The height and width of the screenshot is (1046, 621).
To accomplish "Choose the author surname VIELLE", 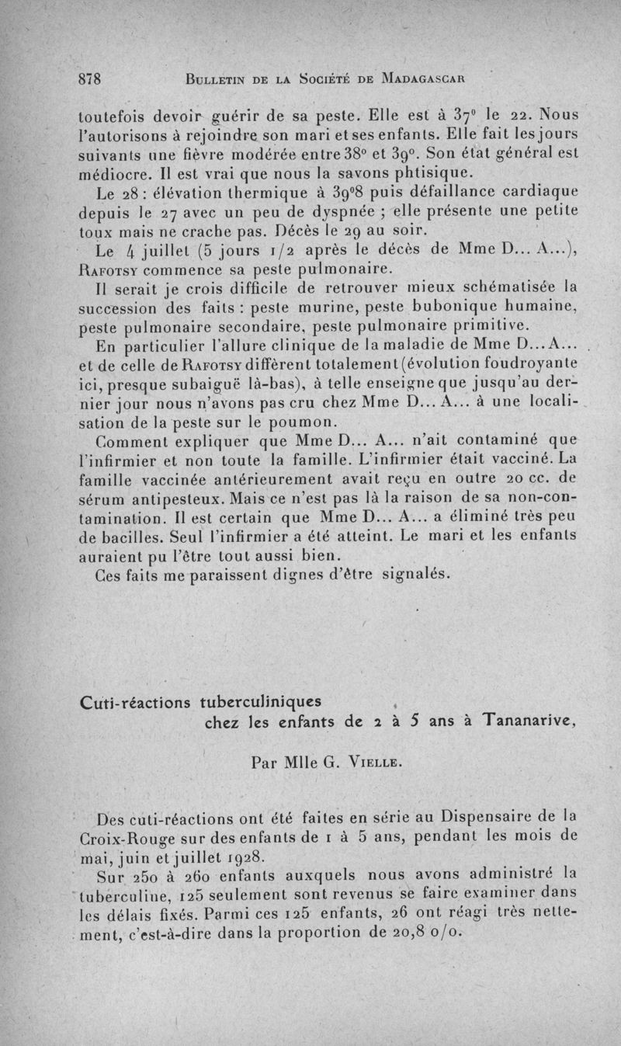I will [377, 763].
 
